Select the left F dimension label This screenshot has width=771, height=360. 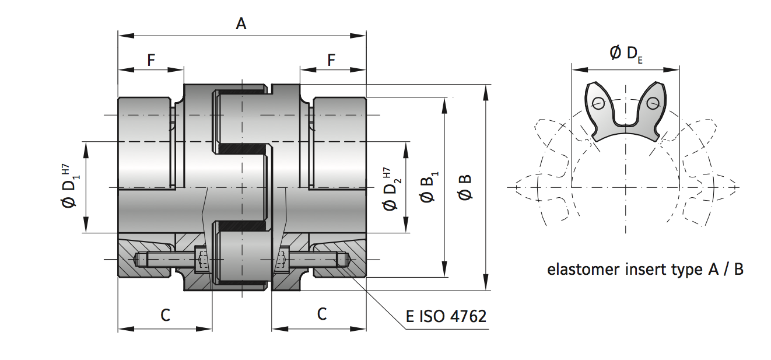tap(151, 60)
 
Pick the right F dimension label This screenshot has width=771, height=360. tap(331, 60)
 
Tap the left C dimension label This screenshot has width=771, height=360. tap(165, 315)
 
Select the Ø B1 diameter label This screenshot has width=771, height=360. tap(429, 187)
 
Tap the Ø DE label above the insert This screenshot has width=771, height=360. tap(626, 54)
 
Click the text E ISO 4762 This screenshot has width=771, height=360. tap(446, 317)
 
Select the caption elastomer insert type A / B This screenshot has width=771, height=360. tap(645, 270)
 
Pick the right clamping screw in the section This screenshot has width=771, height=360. tap(315, 259)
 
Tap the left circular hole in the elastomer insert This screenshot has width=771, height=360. tap(598, 104)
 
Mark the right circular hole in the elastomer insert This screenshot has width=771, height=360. tap(652, 104)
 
